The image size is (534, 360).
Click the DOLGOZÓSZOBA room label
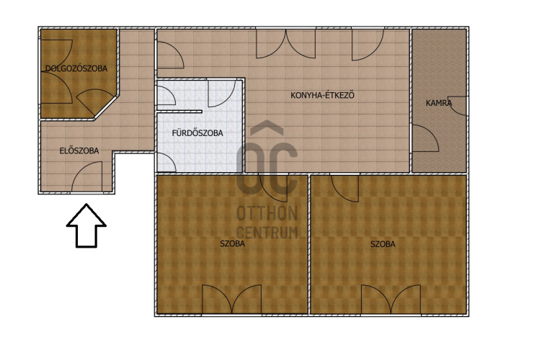pyautogui.click(x=76, y=68)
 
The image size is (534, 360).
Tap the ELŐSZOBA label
pyautogui.click(x=79, y=150)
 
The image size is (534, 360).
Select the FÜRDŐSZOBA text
pyautogui.click(x=197, y=133)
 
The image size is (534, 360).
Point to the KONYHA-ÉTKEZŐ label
pyautogui.click(x=323, y=95)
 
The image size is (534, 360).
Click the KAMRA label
pyautogui.click(x=439, y=103)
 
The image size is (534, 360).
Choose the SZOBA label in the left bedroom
pyautogui.click(x=233, y=243)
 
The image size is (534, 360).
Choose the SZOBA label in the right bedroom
pyautogui.click(x=383, y=244)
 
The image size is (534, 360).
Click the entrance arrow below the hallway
pyautogui.click(x=86, y=225)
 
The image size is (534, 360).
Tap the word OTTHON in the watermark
pyautogui.click(x=267, y=213)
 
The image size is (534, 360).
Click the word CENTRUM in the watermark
pyautogui.click(x=267, y=233)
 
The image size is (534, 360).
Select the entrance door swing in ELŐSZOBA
pyautogui.click(x=87, y=176)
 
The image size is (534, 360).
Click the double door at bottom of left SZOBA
pyautogui.click(x=232, y=299)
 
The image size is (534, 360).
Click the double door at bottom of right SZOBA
pyautogui.click(x=391, y=299)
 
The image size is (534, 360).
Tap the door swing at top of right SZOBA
pyautogui.click(x=344, y=188)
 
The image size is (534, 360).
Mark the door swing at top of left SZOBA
pyautogui.click(x=273, y=188)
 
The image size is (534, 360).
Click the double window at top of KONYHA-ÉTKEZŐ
pyautogui.click(x=286, y=43)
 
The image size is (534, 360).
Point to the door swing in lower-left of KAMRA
pyautogui.click(x=425, y=138)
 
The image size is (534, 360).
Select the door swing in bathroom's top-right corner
pyautogui.click(x=222, y=94)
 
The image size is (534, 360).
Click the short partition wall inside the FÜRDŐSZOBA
pyautogui.click(x=179, y=112)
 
